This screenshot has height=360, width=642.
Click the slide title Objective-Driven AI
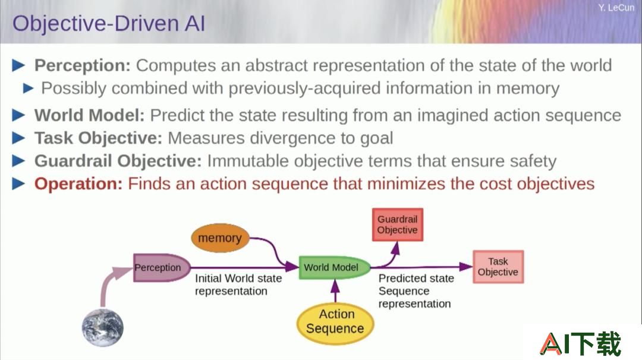[x=109, y=23]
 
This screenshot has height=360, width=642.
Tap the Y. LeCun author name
[x=616, y=8]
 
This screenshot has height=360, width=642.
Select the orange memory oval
[x=221, y=238]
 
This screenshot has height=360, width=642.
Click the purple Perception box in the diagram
[x=162, y=267]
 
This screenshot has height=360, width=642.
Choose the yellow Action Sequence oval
[x=335, y=323]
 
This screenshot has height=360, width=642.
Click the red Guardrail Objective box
[x=397, y=225]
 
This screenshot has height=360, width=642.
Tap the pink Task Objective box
[x=498, y=267]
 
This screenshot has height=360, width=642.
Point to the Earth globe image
[x=102, y=328]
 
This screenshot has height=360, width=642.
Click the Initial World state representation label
[x=238, y=285]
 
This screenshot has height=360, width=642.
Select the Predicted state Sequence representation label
[x=416, y=291]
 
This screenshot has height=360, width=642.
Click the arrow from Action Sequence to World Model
[x=335, y=291]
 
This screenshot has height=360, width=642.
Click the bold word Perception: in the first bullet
[x=82, y=65]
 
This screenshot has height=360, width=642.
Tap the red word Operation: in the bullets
[x=78, y=184]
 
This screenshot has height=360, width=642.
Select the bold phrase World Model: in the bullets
[x=90, y=115]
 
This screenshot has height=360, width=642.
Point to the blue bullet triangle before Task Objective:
[x=19, y=138]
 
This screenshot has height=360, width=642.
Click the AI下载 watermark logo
[x=580, y=343]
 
